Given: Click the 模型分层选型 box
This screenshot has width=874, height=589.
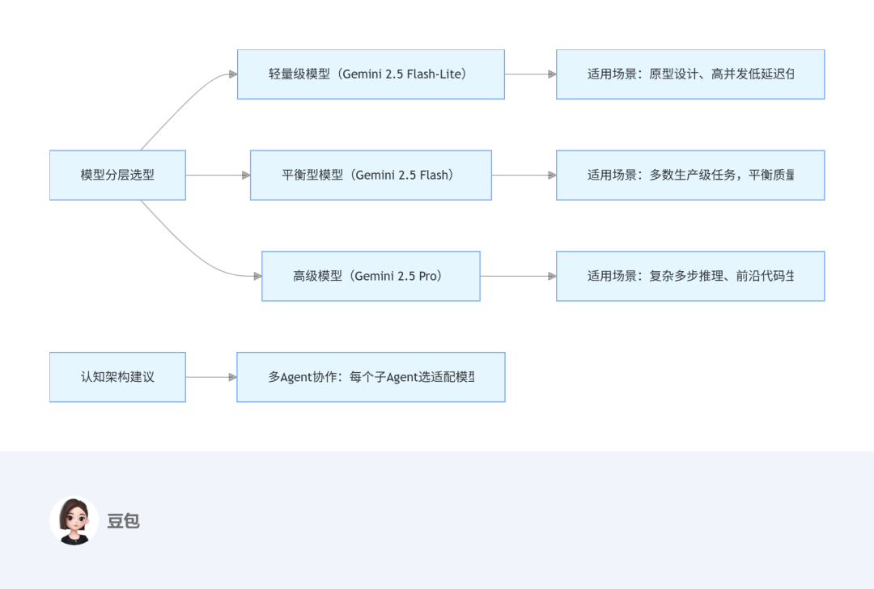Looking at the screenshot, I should click(117, 175).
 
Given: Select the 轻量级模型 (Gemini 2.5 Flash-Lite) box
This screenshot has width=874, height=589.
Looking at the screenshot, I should click(371, 74).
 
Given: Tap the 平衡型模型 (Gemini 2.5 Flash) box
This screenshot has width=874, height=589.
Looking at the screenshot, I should click(371, 175).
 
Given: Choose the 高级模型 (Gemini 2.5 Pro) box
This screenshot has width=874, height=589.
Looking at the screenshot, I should click(371, 276).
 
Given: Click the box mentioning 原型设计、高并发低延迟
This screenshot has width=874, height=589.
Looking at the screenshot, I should click(690, 74).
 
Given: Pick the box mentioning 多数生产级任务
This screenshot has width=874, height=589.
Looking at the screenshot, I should click(690, 175).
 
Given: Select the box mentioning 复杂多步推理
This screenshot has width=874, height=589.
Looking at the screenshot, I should click(690, 276).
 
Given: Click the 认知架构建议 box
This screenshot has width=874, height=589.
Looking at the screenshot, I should click(117, 377).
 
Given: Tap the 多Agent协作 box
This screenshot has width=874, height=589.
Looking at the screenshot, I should click(371, 377).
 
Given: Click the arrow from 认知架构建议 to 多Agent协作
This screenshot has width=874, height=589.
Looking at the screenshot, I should click(211, 377).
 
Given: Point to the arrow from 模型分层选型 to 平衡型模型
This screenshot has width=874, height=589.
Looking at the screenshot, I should click(218, 175).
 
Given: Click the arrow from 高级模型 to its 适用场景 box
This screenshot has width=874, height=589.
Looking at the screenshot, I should click(518, 276).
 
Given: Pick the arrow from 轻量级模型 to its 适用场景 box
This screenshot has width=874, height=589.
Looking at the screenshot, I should click(530, 74).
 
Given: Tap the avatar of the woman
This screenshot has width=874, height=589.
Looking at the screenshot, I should click(74, 520).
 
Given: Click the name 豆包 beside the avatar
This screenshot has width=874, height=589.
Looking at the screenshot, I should click(124, 521).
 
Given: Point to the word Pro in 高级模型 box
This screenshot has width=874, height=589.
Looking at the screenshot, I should click(428, 276).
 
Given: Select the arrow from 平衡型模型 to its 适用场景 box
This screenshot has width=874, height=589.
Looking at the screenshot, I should click(524, 175).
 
